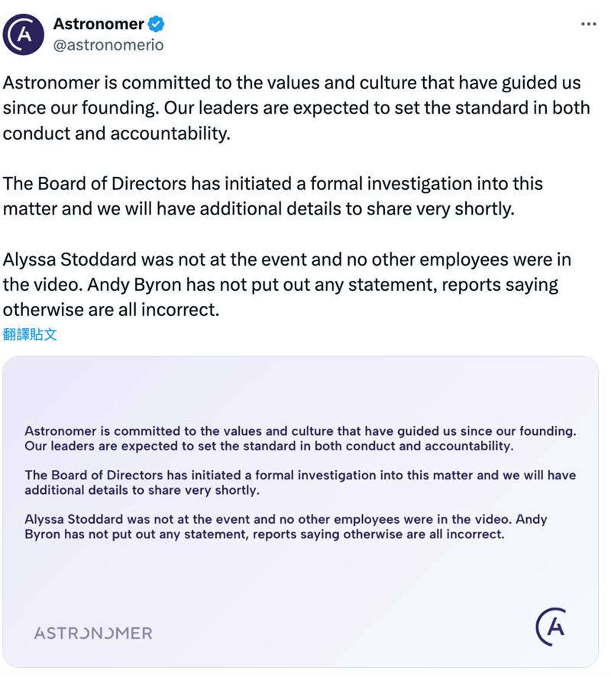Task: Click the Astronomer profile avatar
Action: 23,34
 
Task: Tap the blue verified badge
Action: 156,24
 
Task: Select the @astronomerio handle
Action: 108,45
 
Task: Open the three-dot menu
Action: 588,24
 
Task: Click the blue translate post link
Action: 30,334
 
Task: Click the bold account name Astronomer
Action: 99,24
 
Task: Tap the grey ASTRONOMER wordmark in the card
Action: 93,633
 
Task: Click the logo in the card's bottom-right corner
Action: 551,627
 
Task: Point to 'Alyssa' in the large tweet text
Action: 29,260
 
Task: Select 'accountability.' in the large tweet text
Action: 170,134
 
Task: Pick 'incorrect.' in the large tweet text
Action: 180,310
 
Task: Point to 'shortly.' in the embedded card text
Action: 237,490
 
